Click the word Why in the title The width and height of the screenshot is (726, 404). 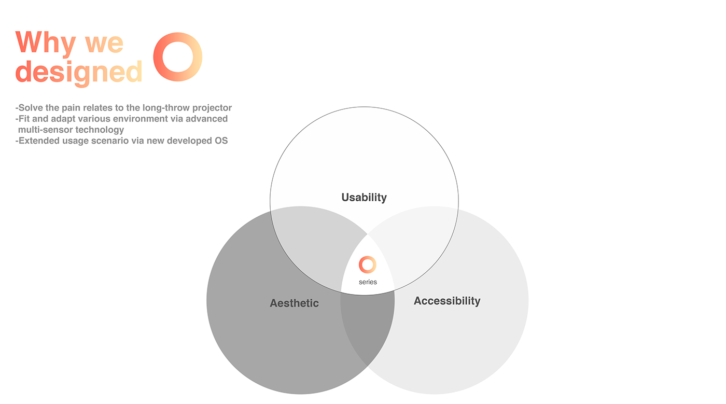46,43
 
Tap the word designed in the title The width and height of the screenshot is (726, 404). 79,72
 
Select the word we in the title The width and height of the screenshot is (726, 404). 104,43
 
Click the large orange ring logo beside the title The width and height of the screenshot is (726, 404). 178,57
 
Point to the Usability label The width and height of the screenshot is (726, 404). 364,198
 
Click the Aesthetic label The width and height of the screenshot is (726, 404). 294,303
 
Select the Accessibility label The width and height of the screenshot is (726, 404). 447,301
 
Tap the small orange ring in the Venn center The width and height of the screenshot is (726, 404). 368,264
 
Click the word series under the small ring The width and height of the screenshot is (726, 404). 368,282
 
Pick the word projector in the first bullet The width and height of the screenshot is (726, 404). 210,108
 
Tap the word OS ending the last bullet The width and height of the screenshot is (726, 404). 221,141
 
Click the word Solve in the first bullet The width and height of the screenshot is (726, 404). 30,108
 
